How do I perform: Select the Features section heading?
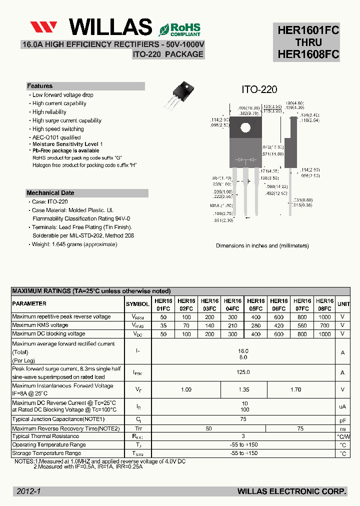[x=40, y=86]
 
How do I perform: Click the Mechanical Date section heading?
[x=50, y=193]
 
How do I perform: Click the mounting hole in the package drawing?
[x=245, y=127]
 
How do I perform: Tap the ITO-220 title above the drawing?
[x=259, y=89]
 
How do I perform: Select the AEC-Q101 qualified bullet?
[x=56, y=137]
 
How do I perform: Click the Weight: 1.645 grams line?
[x=74, y=244]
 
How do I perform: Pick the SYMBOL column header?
[x=137, y=304]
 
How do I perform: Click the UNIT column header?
[x=343, y=304]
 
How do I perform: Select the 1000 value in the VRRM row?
[x=324, y=317]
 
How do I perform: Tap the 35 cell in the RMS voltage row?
[x=163, y=325]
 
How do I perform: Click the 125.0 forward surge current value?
[x=243, y=372]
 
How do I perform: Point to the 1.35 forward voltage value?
[x=243, y=389]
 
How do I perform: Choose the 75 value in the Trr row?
[x=300, y=428]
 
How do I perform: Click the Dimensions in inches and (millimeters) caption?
[x=262, y=246]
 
